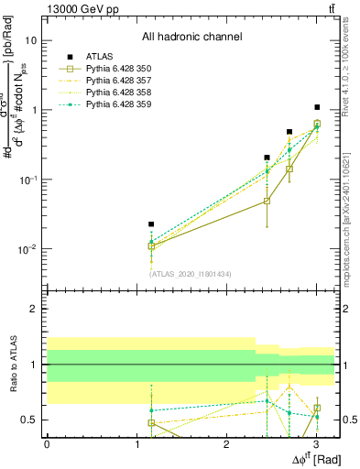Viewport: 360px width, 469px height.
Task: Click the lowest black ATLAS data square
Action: point(151,224)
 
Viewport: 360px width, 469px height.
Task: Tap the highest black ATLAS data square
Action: point(317,107)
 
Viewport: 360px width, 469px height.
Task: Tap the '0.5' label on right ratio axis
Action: point(348,420)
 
